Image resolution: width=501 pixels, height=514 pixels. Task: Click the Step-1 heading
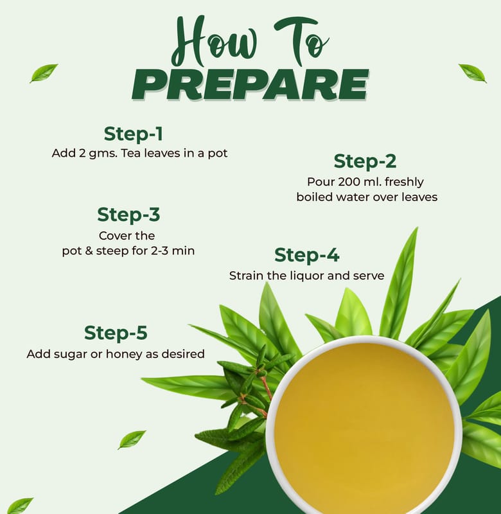tap(134, 134)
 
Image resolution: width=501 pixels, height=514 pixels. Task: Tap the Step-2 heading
tap(365, 161)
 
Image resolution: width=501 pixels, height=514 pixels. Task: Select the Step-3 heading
tap(128, 215)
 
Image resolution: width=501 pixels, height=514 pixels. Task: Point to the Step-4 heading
tap(306, 255)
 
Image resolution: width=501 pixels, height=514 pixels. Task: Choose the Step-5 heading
tap(116, 333)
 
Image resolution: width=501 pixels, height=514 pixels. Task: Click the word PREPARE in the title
tap(251, 84)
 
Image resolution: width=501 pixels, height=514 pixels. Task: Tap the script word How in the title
tap(215, 41)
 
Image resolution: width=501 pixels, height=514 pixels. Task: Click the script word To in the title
tap(301, 41)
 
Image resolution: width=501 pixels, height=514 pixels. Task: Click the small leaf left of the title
tap(44, 73)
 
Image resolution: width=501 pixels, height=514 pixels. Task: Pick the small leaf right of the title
tap(473, 73)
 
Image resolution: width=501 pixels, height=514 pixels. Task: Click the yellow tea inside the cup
tap(364, 426)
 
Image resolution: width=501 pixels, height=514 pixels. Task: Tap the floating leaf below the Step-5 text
tap(132, 439)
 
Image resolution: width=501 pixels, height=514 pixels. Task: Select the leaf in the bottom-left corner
tap(19, 506)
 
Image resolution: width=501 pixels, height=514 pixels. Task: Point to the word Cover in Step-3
tap(110, 236)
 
